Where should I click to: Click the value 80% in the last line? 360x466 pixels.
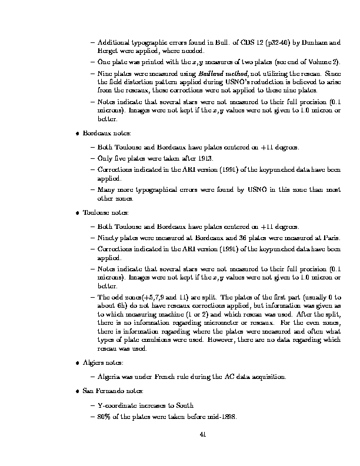tap(104, 417)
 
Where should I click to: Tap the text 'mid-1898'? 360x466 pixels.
tap(222, 417)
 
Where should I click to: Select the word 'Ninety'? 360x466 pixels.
tap(107, 238)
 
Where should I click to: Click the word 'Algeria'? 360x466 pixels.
tap(109, 377)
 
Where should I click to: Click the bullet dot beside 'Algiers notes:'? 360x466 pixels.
tap(78, 363)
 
